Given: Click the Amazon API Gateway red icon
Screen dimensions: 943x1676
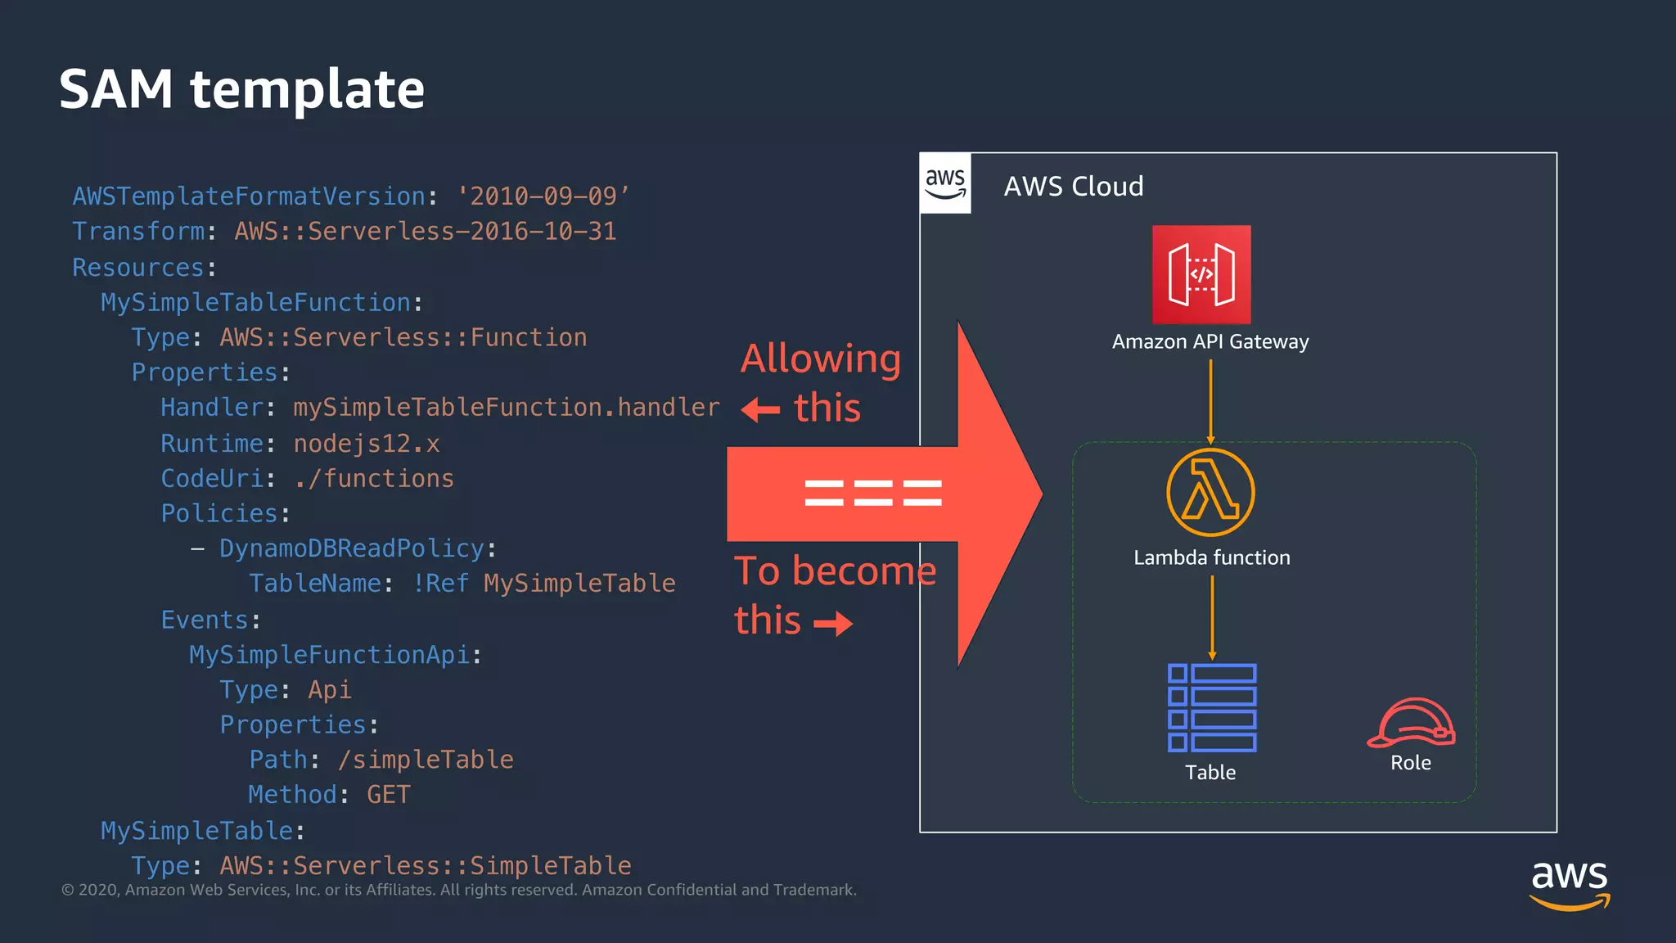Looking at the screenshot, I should click(x=1201, y=274).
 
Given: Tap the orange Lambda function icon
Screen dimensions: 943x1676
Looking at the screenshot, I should click(x=1210, y=492).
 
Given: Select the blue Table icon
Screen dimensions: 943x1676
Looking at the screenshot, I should click(x=1211, y=708).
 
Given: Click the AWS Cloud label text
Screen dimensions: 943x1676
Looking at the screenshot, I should click(x=1073, y=187).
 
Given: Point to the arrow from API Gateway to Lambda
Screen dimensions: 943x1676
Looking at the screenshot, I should click(x=1210, y=401).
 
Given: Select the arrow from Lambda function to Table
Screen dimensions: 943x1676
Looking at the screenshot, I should click(x=1212, y=617).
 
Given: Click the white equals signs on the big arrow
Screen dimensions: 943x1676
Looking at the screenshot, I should click(x=873, y=493).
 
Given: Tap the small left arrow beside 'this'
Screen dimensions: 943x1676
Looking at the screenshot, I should click(x=760, y=409).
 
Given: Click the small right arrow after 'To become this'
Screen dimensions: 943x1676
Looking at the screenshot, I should click(x=833, y=624).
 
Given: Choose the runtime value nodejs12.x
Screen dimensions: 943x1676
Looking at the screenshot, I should click(x=367, y=444).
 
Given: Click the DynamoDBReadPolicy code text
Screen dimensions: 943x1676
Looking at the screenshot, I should click(x=352, y=548).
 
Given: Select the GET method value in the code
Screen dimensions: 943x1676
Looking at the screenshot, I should click(x=389, y=795).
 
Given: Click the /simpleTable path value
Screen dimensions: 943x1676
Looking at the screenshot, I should click(x=426, y=760).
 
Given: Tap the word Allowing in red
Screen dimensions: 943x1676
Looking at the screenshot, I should click(x=821, y=359).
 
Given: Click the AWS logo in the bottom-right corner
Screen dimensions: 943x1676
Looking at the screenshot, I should click(x=1570, y=884).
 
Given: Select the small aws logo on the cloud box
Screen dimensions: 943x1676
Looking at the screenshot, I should click(x=945, y=183).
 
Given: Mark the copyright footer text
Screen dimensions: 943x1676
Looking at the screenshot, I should click(x=458, y=890).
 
